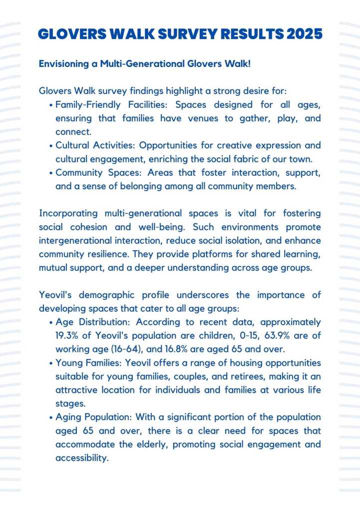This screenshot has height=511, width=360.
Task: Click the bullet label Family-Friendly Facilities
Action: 104,105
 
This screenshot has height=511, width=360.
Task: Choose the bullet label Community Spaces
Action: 95,173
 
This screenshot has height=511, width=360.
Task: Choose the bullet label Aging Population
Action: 94,417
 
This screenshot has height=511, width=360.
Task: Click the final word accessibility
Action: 81,457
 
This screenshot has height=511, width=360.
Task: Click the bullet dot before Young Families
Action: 51,363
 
